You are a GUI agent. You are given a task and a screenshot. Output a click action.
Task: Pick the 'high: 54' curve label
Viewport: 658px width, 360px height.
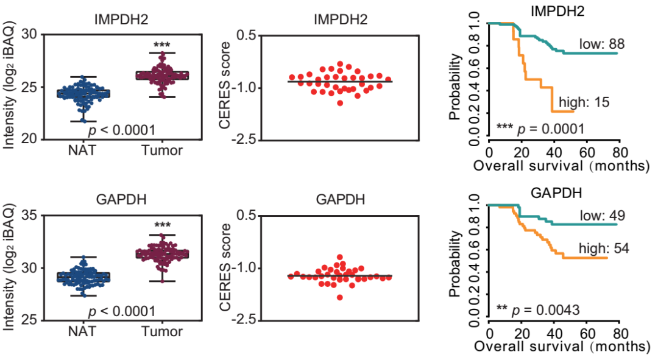coord(601,248)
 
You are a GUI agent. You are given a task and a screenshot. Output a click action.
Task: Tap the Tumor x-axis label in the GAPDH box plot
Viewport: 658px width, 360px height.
coord(162,332)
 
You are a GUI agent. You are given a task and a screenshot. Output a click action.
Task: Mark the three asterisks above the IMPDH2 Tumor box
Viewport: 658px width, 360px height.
coord(161,46)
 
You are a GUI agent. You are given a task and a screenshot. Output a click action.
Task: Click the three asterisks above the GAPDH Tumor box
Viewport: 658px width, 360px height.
coord(161,226)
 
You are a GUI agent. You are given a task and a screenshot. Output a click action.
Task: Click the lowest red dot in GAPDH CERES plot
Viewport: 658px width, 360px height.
coord(339,297)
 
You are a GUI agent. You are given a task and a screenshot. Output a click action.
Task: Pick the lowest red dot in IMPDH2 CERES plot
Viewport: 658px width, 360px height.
coord(339,103)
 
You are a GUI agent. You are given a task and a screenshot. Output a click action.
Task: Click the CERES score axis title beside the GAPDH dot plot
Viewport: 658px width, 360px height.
coord(226,268)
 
